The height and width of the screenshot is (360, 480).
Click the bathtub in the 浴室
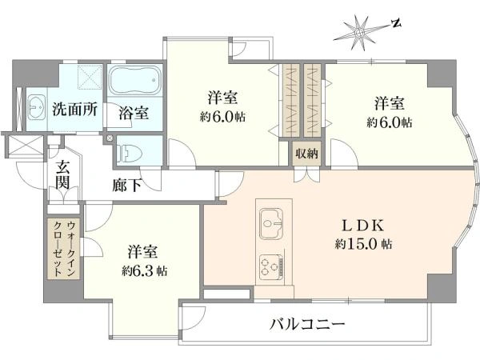(x=135, y=81)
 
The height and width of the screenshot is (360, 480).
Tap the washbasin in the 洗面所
(x=37, y=107)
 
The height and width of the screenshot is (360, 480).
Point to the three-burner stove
(x=271, y=267)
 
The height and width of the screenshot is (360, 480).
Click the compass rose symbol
(x=359, y=33)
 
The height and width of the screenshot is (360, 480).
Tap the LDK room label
(x=362, y=226)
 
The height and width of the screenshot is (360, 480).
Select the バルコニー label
(x=307, y=323)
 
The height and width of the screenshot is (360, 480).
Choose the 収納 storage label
(x=306, y=154)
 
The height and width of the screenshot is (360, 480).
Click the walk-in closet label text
(x=63, y=248)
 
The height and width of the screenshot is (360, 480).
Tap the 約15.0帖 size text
(x=362, y=244)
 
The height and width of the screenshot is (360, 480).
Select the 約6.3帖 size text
(x=144, y=270)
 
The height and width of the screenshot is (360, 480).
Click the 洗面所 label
(x=75, y=109)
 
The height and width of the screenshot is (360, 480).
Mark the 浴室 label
(x=134, y=113)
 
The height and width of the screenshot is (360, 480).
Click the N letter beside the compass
(x=396, y=23)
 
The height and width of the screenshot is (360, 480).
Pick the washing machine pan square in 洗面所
(x=90, y=77)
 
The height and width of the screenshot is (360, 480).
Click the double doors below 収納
(x=306, y=175)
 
